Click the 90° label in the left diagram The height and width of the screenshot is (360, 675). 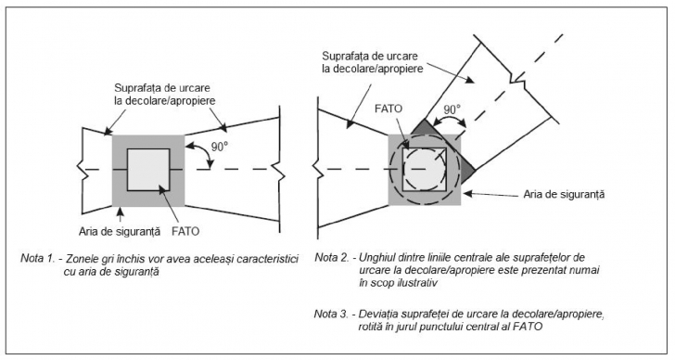coord(219,147)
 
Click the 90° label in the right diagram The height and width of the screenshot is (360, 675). coord(452,109)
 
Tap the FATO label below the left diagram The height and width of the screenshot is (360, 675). coord(185,231)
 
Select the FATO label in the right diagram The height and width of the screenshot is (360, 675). coord(388,108)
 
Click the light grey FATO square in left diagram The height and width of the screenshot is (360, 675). coord(148,170)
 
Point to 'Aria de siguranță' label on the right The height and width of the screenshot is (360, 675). coord(564,194)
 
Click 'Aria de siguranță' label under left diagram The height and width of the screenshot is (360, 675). coord(120,232)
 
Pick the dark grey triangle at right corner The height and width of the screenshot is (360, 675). coord(468,170)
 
